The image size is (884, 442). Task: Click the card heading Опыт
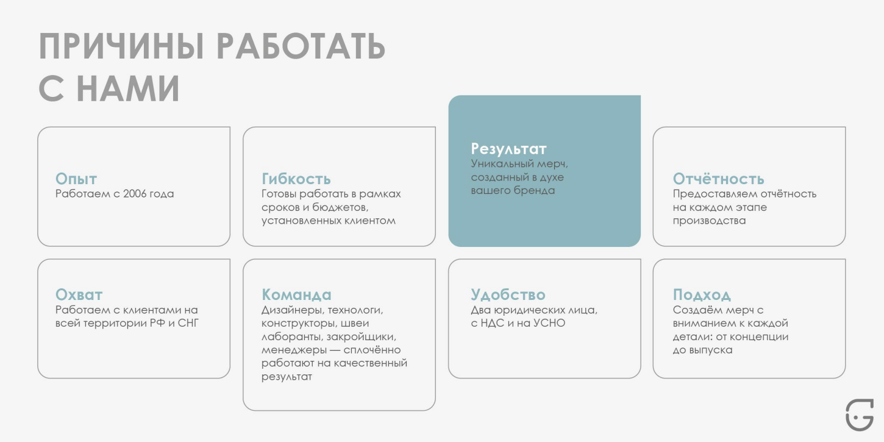point(76,179)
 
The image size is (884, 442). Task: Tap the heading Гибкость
point(296,179)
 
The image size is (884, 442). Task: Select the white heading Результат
point(508,149)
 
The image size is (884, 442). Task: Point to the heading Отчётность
point(718,179)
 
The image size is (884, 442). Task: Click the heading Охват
point(79,294)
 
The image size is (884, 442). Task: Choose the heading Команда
point(296,294)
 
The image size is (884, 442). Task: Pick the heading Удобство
point(508,294)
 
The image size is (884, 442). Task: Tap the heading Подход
point(702,294)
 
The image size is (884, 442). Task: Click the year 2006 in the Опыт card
point(135,194)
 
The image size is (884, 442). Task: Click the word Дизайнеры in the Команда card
point(289,310)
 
